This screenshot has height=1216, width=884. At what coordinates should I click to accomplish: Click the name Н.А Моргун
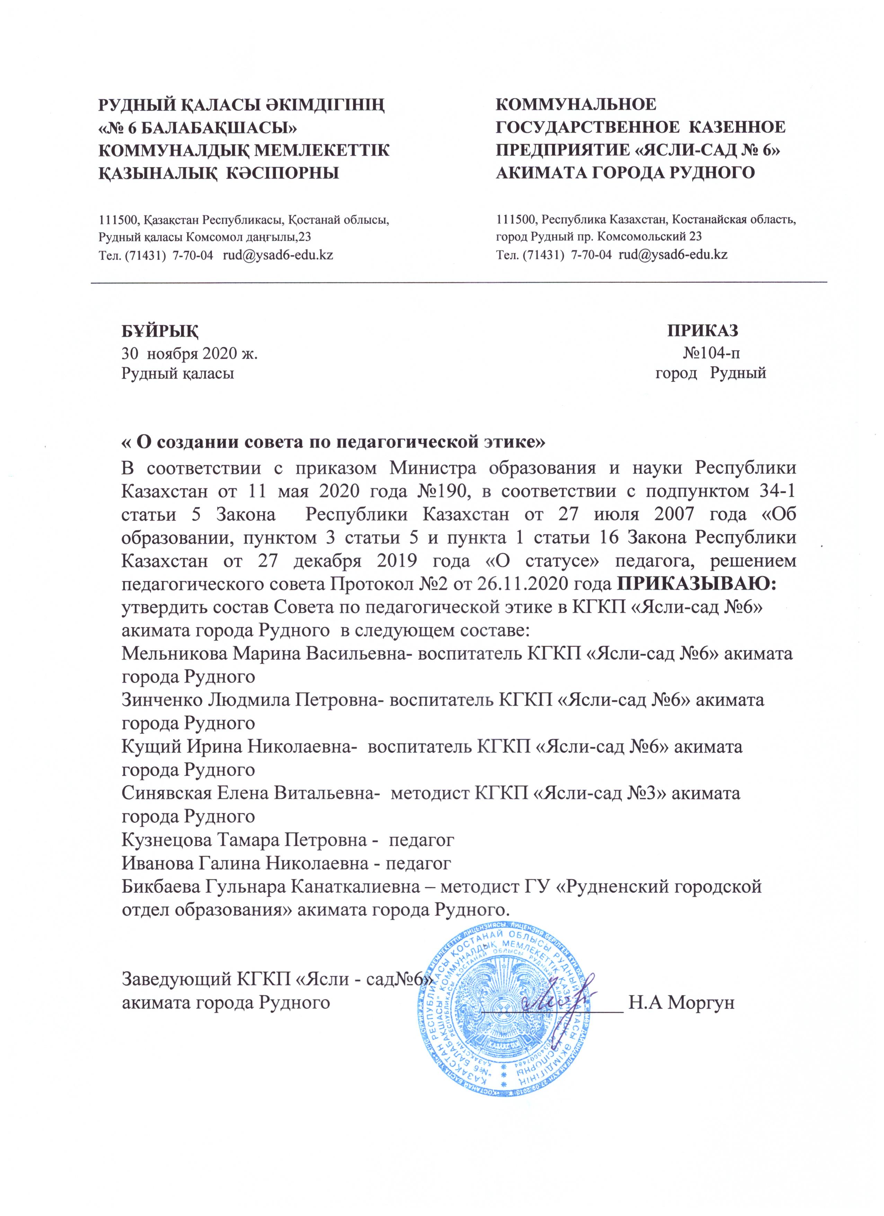click(680, 1002)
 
